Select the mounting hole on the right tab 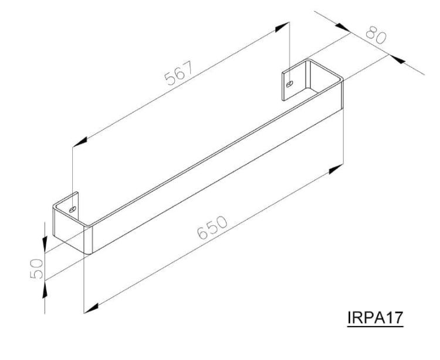(289, 84)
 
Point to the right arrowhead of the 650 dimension (336, 169)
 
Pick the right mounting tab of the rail (291, 81)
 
